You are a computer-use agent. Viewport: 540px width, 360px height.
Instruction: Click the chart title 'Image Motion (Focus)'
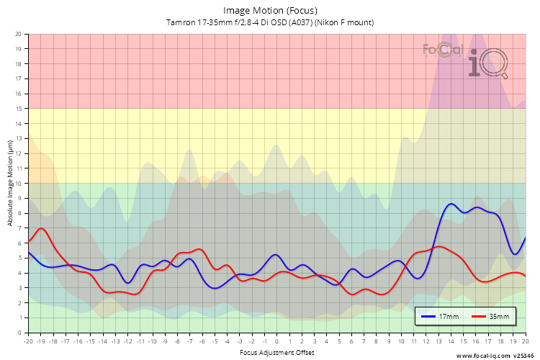(270, 10)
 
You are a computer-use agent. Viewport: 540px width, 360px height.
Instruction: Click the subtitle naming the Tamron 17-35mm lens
(270, 22)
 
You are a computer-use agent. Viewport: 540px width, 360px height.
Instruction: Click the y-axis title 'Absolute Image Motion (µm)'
(11, 183)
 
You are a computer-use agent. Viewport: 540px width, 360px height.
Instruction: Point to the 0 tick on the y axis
(19, 333)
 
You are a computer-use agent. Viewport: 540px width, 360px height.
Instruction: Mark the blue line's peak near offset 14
(451, 204)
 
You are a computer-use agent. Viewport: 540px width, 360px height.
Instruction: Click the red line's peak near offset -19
(41, 228)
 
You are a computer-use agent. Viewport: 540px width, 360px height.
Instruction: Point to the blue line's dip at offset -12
(128, 283)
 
